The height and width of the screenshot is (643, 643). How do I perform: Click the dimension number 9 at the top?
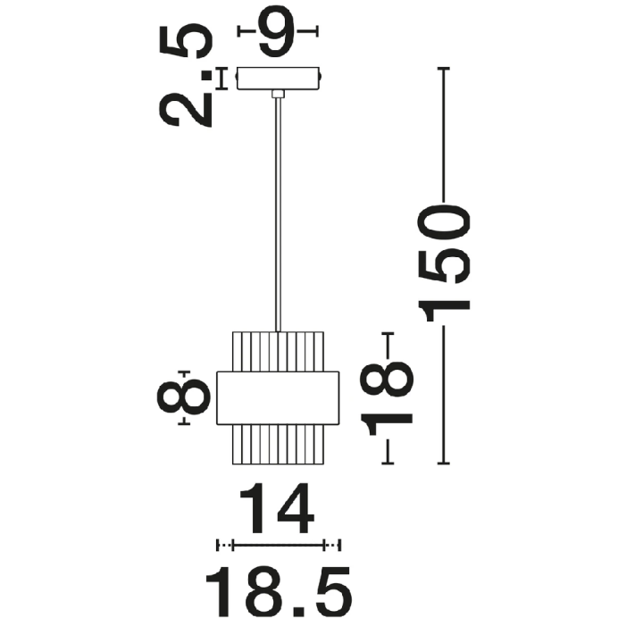[277, 32]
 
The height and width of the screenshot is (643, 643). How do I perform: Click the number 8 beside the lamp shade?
[183, 397]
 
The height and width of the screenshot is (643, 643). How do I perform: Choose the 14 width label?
[277, 508]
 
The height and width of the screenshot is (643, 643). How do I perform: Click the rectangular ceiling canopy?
[278, 79]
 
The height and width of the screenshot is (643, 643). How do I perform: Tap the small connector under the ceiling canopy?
[278, 94]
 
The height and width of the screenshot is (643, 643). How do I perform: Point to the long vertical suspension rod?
[279, 214]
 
